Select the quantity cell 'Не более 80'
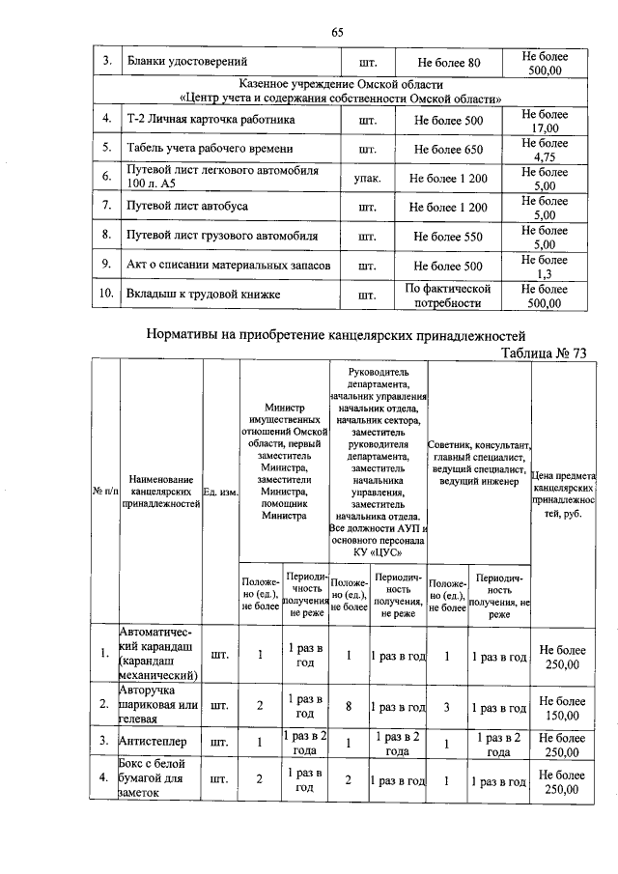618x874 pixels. pos(447,64)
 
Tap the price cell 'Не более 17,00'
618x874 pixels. pos(545,121)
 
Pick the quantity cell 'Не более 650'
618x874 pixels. pos(447,150)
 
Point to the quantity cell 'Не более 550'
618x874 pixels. pos(447,235)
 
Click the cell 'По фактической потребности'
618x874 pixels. pos(447,295)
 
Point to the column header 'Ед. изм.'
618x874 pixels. pos(220,492)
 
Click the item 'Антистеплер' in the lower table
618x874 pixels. pos(154,740)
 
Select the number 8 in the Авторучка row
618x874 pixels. pos(348,705)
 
